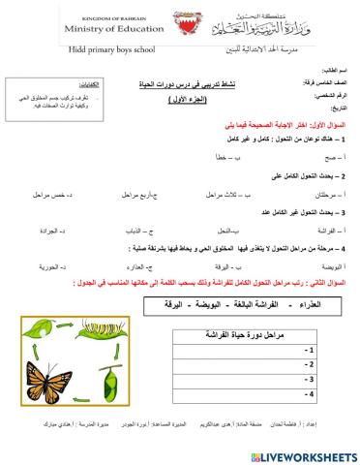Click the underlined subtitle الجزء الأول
(x=209, y=100)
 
